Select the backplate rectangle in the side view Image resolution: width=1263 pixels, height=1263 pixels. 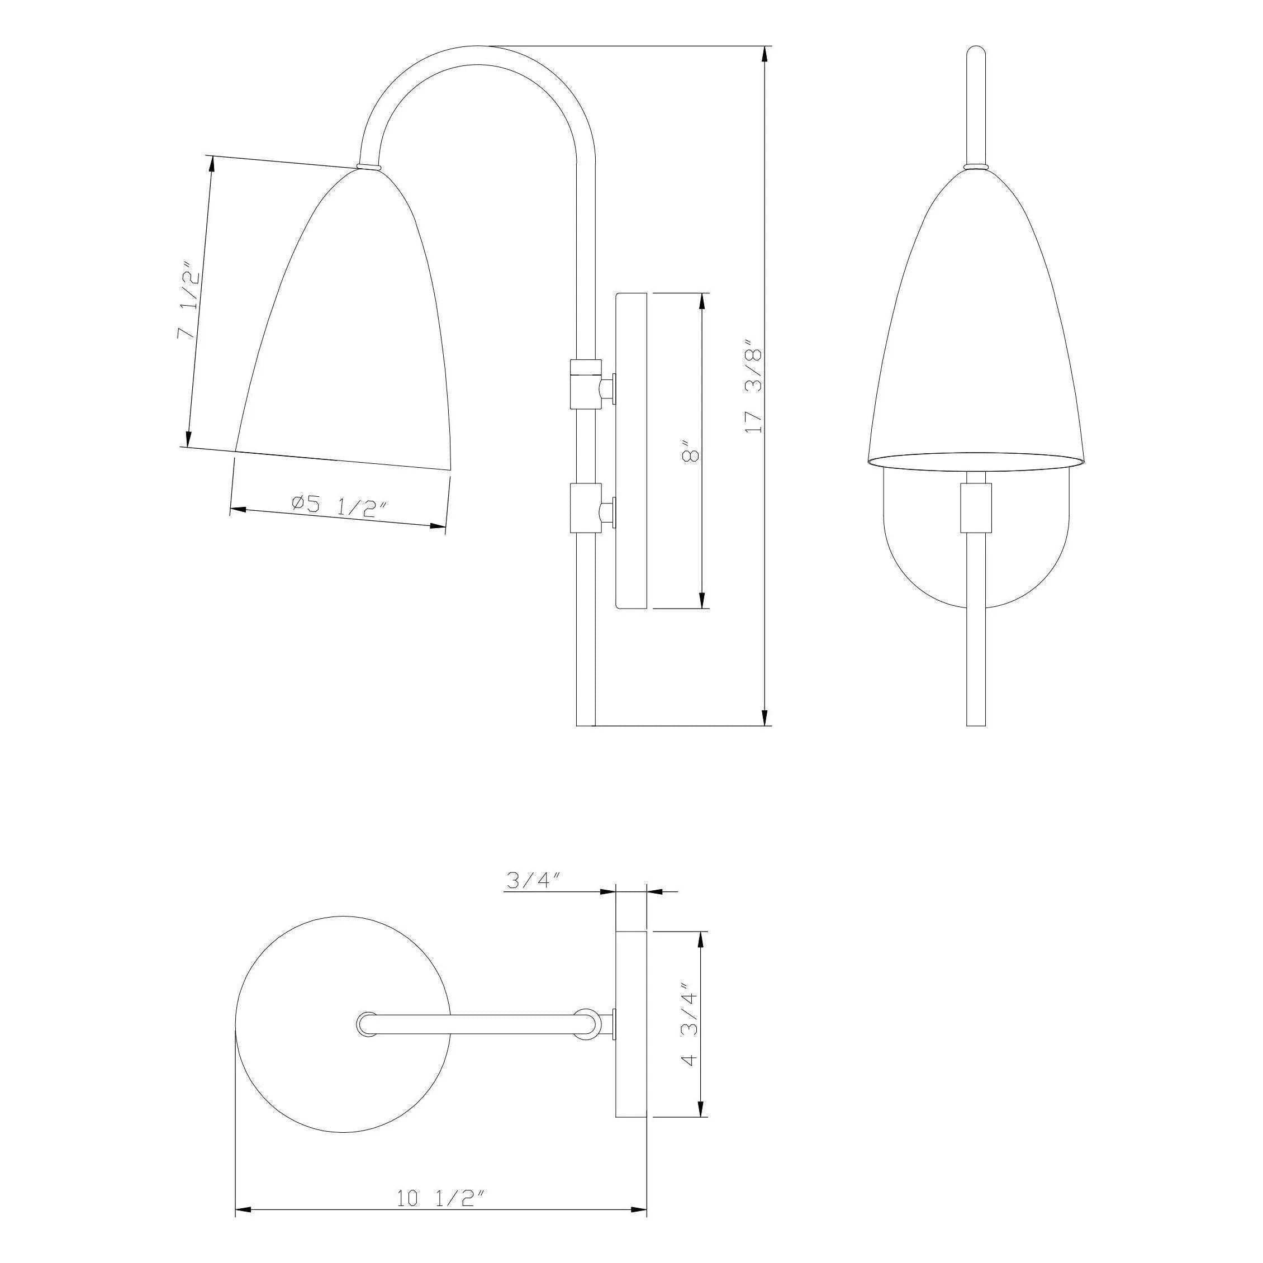point(631,451)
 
